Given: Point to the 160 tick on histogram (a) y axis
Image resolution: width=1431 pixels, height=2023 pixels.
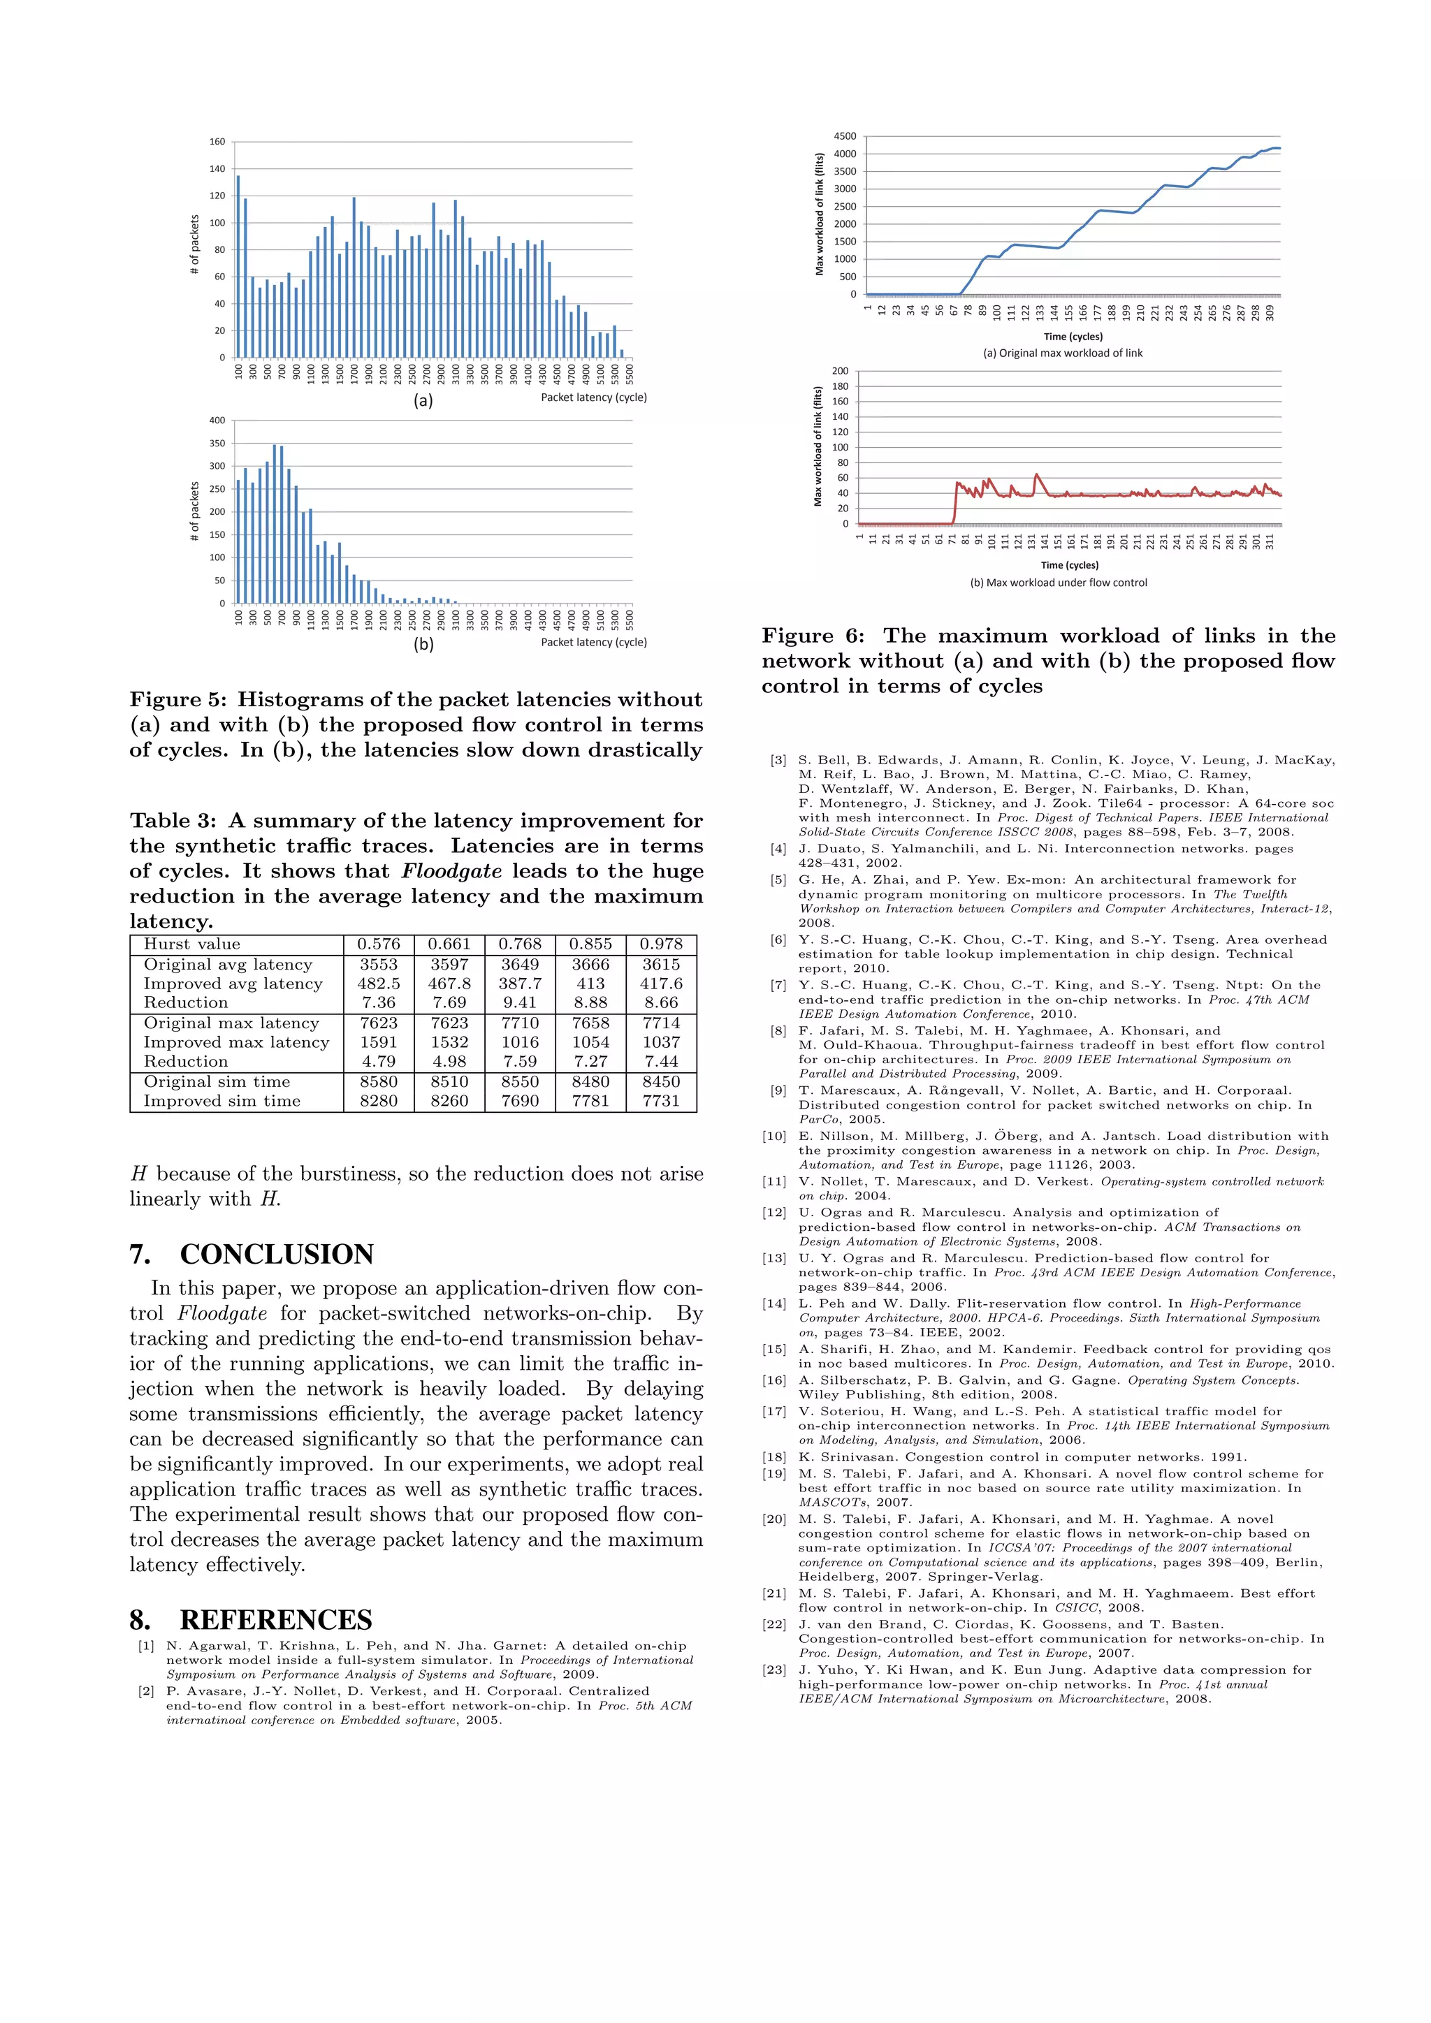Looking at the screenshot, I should click(x=217, y=142).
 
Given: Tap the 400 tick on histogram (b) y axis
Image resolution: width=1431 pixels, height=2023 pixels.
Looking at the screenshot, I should click(x=217, y=421).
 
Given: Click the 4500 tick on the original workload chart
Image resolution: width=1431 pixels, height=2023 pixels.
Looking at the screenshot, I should click(x=844, y=137).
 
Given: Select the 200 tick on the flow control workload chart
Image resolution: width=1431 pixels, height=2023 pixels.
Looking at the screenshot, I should click(x=840, y=371).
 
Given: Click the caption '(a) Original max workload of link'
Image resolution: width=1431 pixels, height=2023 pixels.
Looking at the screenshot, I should click(x=1063, y=353).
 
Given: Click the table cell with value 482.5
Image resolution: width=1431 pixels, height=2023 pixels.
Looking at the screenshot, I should click(x=378, y=984).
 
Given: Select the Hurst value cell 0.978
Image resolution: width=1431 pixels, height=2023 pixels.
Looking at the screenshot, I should click(x=661, y=944).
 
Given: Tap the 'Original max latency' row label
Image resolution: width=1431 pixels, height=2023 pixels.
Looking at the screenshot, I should click(x=231, y=1023).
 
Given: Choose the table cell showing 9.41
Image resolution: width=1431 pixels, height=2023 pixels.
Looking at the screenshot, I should click(x=520, y=1002).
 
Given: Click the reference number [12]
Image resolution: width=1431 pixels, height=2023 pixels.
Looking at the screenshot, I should click(x=773, y=1213).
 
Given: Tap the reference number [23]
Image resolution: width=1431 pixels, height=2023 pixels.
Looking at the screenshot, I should click(x=773, y=1670).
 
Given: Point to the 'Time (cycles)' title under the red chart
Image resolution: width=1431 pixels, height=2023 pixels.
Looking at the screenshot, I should click(x=1070, y=566).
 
